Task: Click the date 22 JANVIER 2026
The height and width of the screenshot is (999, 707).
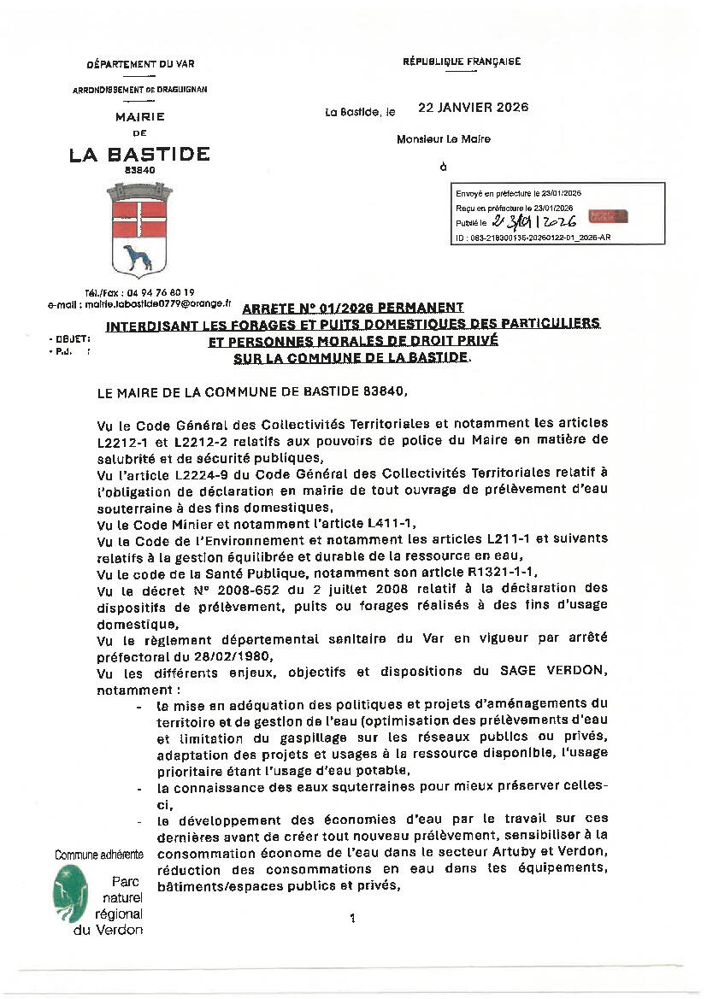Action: (473, 108)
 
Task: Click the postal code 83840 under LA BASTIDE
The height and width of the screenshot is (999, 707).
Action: (140, 171)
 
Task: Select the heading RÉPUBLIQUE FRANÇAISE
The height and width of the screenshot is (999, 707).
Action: (462, 62)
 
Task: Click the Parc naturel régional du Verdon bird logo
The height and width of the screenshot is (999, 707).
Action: (70, 894)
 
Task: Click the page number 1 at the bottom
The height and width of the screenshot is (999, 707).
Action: (351, 919)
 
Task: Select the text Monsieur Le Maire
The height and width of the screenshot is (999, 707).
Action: (444, 138)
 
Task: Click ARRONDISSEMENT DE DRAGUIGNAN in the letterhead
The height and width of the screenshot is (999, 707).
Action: (140, 90)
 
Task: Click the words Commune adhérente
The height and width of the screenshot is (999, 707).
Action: (99, 855)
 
